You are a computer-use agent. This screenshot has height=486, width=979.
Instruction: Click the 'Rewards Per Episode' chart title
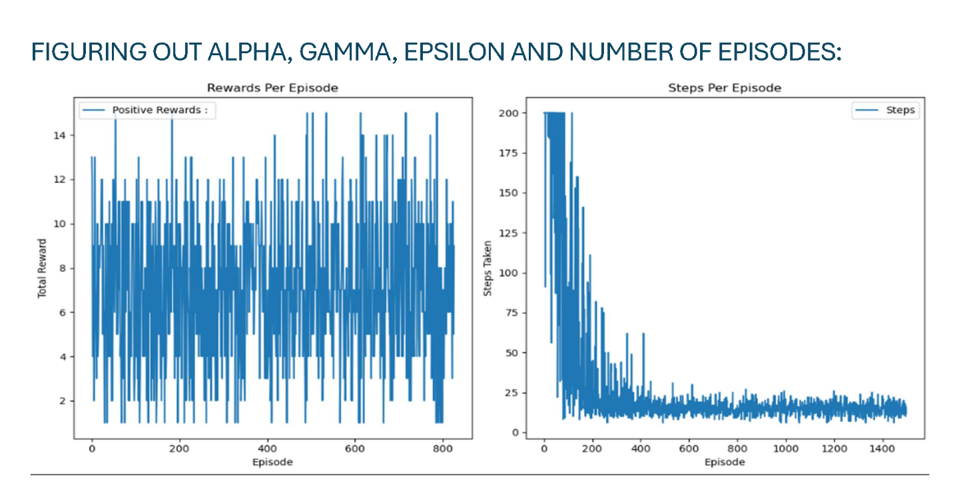coord(272,88)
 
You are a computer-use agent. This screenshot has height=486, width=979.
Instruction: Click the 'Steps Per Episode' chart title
coord(724,88)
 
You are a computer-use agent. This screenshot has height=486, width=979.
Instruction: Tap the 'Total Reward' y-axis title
coord(42,268)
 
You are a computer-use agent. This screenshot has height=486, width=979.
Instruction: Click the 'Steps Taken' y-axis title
coord(488,268)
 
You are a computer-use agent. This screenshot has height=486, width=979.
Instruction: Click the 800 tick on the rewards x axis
coord(442,450)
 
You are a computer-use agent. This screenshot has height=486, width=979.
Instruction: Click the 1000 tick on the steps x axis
coord(786,450)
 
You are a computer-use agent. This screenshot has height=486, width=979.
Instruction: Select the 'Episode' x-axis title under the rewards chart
coord(272,461)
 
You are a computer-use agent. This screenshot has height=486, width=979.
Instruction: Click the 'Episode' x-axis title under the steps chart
coord(725,461)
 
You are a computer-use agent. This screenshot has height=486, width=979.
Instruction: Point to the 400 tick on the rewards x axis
coord(267,450)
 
